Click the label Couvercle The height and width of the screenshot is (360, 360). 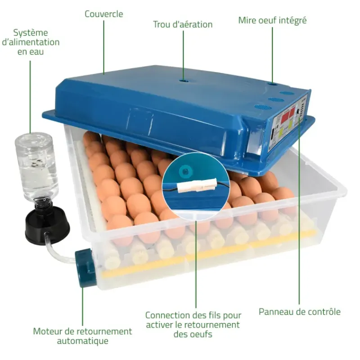pyautogui.click(x=104, y=14)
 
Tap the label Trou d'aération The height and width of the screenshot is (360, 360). pyautogui.click(x=183, y=24)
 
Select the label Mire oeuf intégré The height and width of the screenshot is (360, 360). pyautogui.click(x=272, y=20)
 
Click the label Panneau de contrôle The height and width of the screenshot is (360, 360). pyautogui.click(x=299, y=312)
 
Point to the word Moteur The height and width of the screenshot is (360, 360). pyautogui.click(x=47, y=331)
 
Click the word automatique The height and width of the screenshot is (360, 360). pyautogui.click(x=83, y=341)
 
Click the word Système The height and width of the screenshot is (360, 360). pyautogui.click(x=31, y=33)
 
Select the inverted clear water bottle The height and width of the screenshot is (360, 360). pyautogui.click(x=36, y=169)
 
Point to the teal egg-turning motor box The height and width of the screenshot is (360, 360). pyautogui.click(x=85, y=268)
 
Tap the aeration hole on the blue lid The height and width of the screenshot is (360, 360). pyautogui.click(x=184, y=81)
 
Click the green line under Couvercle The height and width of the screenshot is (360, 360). pyautogui.click(x=104, y=47)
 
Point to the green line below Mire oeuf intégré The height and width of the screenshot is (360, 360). pyautogui.click(x=272, y=55)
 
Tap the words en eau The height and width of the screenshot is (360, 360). pyautogui.click(x=31, y=52)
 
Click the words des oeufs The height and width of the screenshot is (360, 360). pyautogui.click(x=193, y=334)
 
